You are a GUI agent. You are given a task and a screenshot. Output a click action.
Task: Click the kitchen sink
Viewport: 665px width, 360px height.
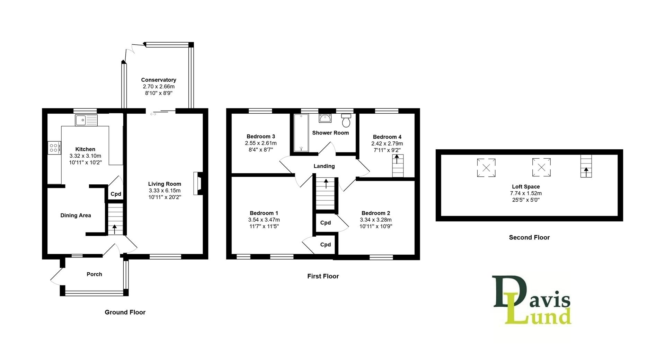86,120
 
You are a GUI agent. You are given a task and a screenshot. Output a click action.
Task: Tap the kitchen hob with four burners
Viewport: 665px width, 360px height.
54,148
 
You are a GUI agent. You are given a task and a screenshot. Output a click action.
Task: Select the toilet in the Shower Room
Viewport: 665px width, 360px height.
346,121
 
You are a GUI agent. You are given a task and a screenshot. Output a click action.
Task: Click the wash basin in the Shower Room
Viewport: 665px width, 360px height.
325,118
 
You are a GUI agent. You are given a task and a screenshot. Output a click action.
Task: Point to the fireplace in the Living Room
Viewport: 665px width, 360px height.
198,184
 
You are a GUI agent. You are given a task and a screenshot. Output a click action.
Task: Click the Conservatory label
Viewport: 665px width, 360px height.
159,80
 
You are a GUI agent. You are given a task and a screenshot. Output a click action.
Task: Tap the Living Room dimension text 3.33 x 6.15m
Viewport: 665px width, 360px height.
165,191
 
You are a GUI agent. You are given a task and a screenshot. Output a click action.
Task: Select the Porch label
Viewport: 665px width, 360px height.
94,274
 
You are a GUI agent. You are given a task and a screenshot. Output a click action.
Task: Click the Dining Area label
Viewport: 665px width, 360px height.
76,215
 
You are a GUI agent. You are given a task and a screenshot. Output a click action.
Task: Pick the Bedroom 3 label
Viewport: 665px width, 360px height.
261,137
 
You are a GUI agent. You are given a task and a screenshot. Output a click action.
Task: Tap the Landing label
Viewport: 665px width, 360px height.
324,166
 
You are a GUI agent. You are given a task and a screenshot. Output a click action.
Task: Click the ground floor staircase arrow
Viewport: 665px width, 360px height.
115,229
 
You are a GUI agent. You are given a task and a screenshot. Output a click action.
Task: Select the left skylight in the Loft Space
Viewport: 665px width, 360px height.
486,168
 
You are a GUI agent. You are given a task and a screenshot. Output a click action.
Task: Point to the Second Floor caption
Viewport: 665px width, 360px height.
529,237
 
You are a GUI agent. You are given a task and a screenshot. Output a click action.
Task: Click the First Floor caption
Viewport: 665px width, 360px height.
323,276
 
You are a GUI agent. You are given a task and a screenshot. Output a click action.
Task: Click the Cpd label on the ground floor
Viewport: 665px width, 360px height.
116,194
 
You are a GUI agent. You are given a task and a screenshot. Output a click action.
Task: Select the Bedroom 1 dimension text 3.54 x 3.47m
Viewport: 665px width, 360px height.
264,220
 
